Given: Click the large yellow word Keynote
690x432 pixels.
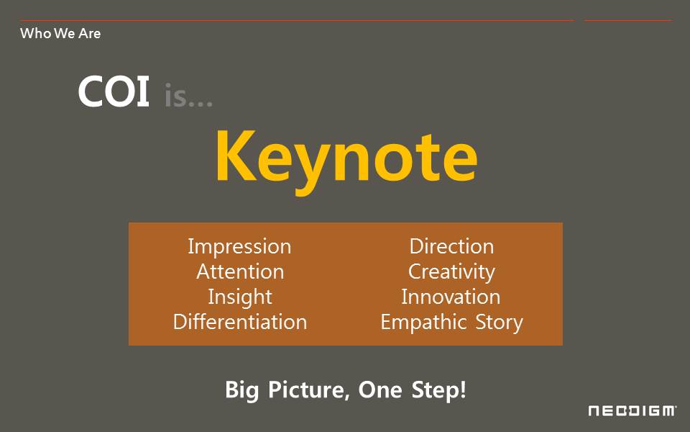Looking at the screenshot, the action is tap(346, 161).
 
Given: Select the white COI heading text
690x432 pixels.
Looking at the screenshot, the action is tap(114, 91).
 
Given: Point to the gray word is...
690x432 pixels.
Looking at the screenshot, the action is tap(188, 95).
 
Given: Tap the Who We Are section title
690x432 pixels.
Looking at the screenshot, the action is tap(60, 34).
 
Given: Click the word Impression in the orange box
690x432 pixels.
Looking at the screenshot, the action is tap(239, 247).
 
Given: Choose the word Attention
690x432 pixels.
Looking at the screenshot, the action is tap(240, 271).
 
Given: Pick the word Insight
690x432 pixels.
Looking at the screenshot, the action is tap(240, 297).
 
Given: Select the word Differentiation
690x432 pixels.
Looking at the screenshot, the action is tap(240, 322).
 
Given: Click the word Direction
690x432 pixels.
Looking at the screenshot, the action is tap(451, 246).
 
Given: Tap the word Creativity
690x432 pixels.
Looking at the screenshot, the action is tap(451, 272).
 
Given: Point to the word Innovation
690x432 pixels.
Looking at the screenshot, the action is tap(451, 297).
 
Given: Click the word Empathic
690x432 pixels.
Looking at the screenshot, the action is tap(423, 323).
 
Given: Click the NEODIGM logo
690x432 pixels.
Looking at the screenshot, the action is tap(632, 411).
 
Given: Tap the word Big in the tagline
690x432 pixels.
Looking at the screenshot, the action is tap(241, 390).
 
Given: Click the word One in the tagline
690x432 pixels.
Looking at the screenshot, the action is tap(380, 390).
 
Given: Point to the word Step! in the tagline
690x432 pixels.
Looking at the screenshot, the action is tap(438, 390).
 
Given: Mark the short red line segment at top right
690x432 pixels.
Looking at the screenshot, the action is tap(628, 20).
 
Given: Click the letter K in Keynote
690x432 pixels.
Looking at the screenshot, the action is tap(236, 156).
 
